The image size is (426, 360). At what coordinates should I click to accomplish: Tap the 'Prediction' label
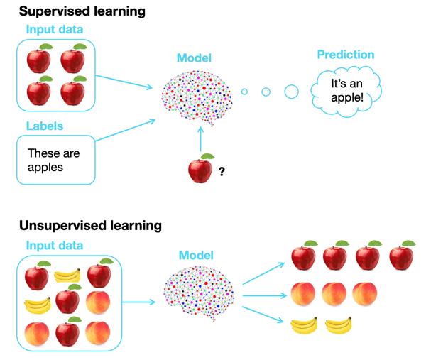click(x=346, y=55)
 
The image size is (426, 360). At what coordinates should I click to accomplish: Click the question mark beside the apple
click(x=222, y=171)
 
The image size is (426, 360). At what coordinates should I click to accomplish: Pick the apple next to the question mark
click(x=201, y=169)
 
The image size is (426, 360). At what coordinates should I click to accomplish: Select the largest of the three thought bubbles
click(x=291, y=91)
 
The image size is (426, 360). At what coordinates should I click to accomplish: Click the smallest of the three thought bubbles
click(x=244, y=91)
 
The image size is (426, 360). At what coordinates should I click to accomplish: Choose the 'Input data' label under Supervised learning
click(x=54, y=29)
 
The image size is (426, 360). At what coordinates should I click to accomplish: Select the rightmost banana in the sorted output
click(x=339, y=326)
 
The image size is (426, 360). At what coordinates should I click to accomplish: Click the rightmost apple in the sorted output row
click(x=402, y=256)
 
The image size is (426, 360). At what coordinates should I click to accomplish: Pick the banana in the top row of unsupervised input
click(x=67, y=273)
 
